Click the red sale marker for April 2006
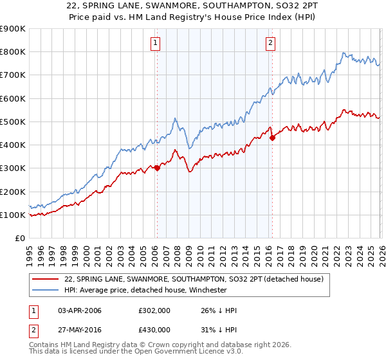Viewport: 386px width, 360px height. (156, 168)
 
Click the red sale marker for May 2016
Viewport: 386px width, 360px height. (272, 138)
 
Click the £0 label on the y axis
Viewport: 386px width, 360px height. (19, 238)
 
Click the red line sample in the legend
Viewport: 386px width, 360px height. (46, 279)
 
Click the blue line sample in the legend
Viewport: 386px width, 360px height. (46, 290)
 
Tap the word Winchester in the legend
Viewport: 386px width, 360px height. (207, 290)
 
